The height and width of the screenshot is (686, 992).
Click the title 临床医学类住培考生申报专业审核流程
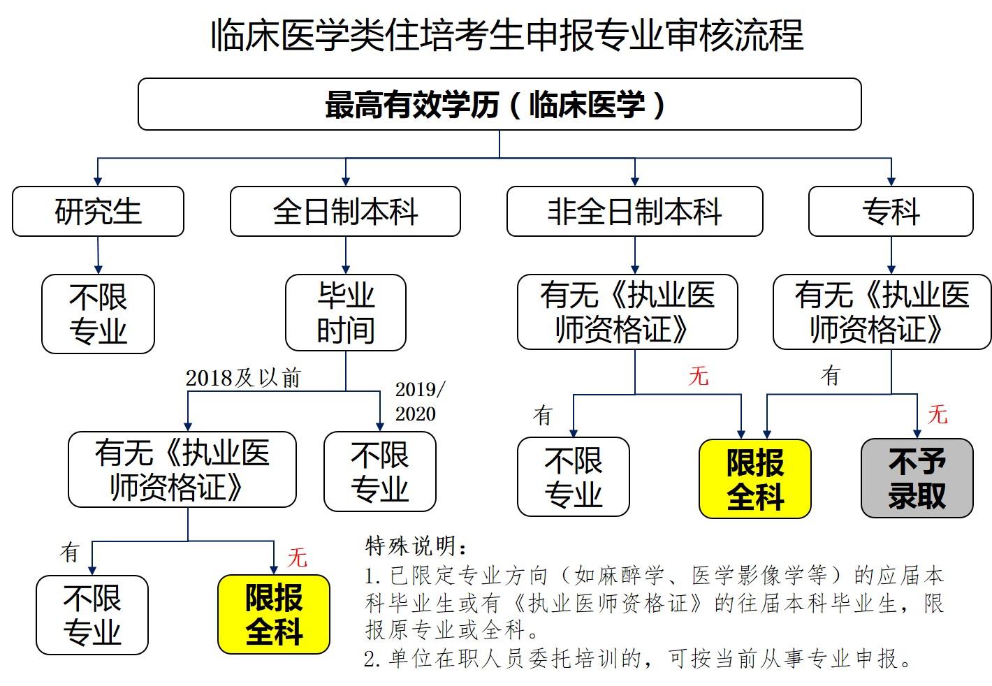tap(507, 35)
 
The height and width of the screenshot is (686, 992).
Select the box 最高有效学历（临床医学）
tap(499, 105)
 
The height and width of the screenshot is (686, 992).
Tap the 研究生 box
tap(98, 212)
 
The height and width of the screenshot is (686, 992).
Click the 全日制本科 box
tap(345, 212)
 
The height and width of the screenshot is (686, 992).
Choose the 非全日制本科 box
tap(634, 212)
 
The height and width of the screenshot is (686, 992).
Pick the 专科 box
tap(890, 212)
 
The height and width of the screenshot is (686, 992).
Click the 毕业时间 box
tap(345, 313)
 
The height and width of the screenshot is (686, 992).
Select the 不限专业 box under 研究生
tap(98, 314)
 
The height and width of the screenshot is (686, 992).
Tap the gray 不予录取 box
tap(917, 479)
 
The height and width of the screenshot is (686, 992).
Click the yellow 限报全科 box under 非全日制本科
tap(754, 479)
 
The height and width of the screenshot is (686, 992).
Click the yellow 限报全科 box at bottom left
tap(274, 615)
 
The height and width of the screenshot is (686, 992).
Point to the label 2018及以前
tap(243, 378)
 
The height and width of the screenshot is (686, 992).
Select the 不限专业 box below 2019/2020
tap(379, 472)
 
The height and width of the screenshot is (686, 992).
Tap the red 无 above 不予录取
tap(937, 415)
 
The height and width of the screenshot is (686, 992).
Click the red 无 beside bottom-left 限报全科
tap(297, 557)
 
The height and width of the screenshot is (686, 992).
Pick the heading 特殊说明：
tap(416, 546)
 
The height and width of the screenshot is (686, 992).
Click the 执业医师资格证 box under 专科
tap(882, 312)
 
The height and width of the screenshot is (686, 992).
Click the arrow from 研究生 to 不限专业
tap(98, 256)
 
